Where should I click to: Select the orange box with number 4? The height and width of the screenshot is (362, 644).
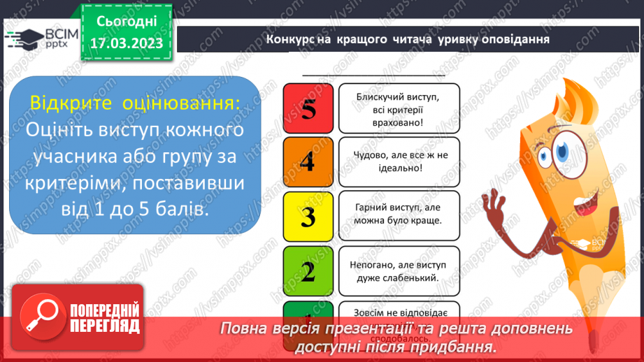(x=307, y=162)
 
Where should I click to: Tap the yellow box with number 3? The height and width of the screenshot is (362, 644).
(x=307, y=217)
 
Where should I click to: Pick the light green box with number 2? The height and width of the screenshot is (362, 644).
(x=307, y=270)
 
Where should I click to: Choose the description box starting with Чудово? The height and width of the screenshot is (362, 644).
(x=399, y=162)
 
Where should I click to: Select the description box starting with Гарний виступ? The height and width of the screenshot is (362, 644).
(x=399, y=217)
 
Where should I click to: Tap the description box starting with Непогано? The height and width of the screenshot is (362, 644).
(x=399, y=270)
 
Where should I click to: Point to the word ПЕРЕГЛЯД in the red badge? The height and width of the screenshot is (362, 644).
(x=105, y=326)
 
